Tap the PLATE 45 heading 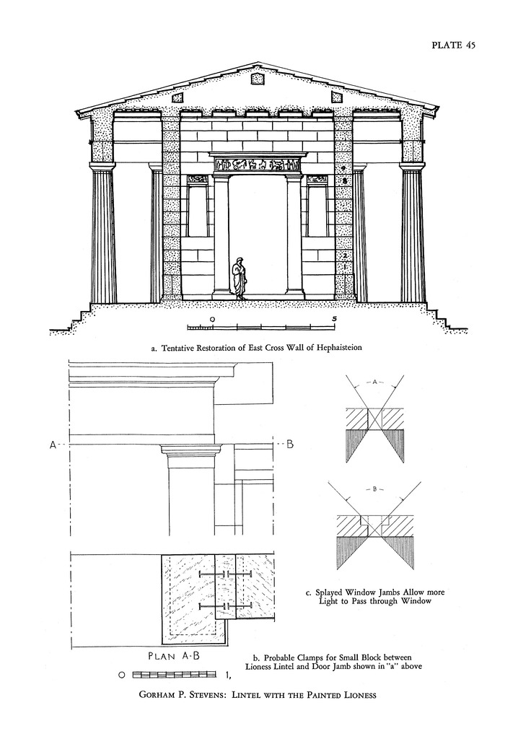pos(454,45)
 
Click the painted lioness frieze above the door pos(258,165)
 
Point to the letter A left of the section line pos(53,445)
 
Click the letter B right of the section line pos(290,445)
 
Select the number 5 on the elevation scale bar pos(333,318)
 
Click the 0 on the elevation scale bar pos(211,318)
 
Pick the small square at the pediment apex pos(257,79)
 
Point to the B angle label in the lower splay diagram pos(374,489)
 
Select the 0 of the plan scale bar pos(123,675)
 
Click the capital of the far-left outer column pos(102,166)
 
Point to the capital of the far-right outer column pos(413,166)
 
